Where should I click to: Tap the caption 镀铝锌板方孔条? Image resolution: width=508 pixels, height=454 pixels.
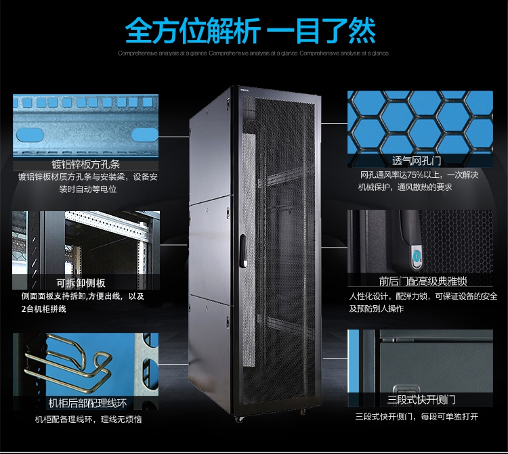click(x=85, y=164)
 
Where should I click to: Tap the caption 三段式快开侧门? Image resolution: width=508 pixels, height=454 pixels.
click(x=421, y=400)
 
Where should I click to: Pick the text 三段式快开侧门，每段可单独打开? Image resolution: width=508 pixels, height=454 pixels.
click(x=417, y=417)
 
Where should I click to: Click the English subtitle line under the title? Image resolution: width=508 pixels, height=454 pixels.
click(x=253, y=53)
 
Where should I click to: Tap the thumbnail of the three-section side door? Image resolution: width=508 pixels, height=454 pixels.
click(x=420, y=362)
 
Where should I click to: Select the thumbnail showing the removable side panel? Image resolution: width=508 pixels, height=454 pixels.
click(x=85, y=244)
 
